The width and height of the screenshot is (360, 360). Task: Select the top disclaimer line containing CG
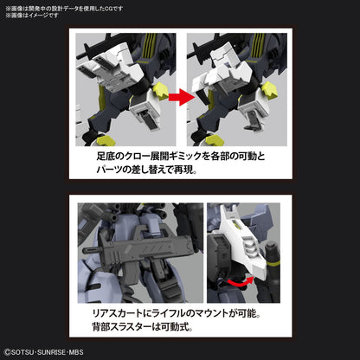tap(52, 6)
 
